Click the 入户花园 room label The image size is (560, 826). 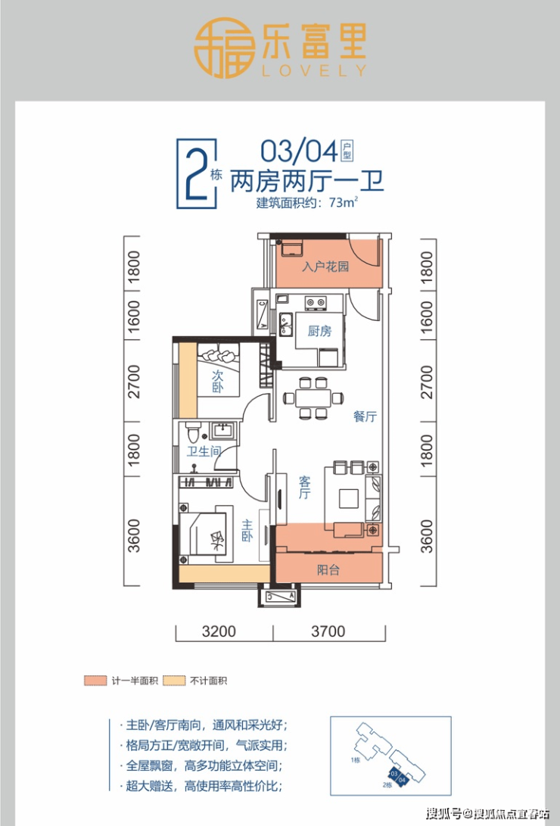click(x=325, y=267)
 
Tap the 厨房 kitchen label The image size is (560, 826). click(x=319, y=331)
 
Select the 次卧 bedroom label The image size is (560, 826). click(x=217, y=382)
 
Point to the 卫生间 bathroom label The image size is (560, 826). click(x=204, y=451)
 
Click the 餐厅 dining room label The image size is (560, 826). click(x=365, y=416)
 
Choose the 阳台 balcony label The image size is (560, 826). click(x=328, y=569)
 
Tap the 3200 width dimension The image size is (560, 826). click(x=219, y=631)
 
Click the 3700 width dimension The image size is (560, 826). click(x=328, y=631)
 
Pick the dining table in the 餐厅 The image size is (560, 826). click(x=313, y=397)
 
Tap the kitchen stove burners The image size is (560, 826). click(x=316, y=302)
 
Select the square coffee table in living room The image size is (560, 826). click(x=348, y=498)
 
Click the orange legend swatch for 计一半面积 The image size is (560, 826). click(x=95, y=681)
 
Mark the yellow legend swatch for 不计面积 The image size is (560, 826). click(x=174, y=681)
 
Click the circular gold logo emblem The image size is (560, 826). click(x=222, y=48)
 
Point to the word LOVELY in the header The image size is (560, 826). click(x=314, y=70)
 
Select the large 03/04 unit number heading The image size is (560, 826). click(x=299, y=151)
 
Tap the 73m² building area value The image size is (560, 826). click(x=343, y=202)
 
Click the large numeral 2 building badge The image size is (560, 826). click(x=196, y=172)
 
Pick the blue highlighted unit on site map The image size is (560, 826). click(x=398, y=776)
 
